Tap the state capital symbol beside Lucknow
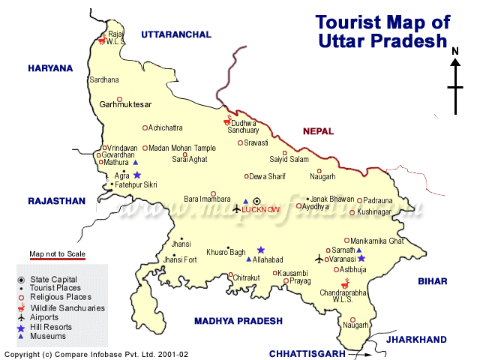256,201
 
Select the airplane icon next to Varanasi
319,259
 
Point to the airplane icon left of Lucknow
237,207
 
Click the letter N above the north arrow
455,51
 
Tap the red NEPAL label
319,131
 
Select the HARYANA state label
50,68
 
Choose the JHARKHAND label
415,340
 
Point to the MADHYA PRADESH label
238,321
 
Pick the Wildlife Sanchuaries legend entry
67,307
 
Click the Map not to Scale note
58,253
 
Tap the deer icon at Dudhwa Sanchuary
228,120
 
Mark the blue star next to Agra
137,175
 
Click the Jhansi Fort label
179,259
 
